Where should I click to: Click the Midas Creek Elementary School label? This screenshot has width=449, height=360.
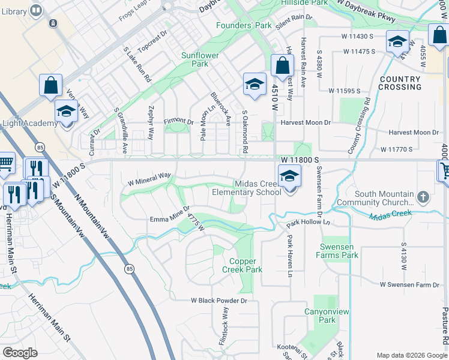[x=246, y=188]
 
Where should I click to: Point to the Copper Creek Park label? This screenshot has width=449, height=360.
[x=246, y=265]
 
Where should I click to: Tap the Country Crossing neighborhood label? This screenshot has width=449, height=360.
[x=400, y=83]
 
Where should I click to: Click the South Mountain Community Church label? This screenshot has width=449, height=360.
[x=393, y=199]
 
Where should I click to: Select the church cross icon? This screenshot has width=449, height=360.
[x=424, y=197]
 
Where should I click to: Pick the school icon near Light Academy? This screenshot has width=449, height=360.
[x=66, y=112]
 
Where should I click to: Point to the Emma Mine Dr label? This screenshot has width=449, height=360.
[x=170, y=220]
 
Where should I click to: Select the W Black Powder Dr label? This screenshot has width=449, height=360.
[x=219, y=300]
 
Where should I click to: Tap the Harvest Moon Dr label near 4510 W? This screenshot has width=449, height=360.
[x=306, y=122]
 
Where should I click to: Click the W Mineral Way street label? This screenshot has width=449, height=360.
[x=149, y=178]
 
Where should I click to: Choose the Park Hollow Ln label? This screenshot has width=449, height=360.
[x=309, y=223]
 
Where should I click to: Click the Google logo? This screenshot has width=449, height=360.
[x=20, y=353]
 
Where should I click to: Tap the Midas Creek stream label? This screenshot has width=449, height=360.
[x=390, y=215]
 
